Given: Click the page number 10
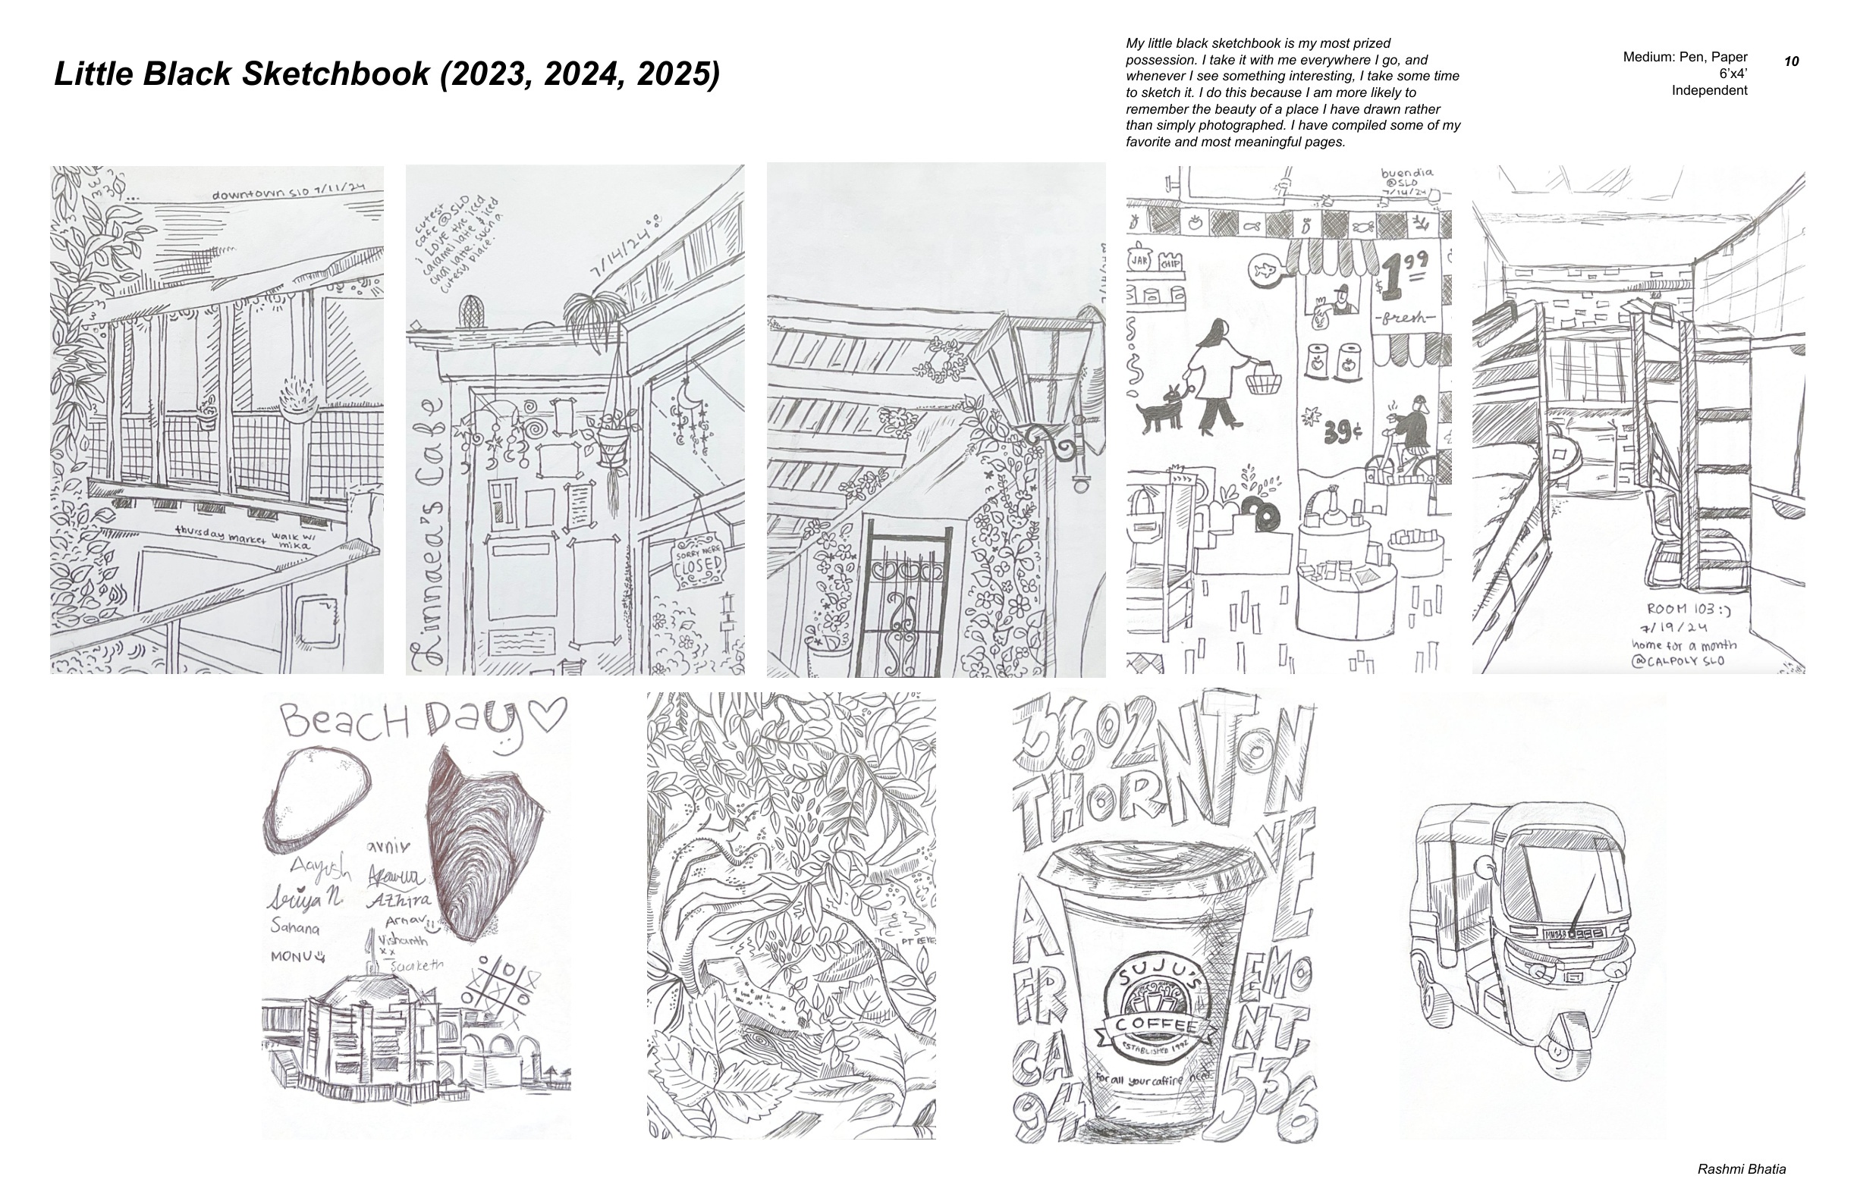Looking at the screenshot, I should tap(1792, 61).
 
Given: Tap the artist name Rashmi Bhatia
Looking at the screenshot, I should tap(1742, 1169).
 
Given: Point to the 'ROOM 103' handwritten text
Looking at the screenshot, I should tap(1682, 610).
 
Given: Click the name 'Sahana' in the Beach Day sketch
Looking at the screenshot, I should tap(294, 929).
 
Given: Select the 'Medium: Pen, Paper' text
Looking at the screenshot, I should tap(1685, 57).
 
